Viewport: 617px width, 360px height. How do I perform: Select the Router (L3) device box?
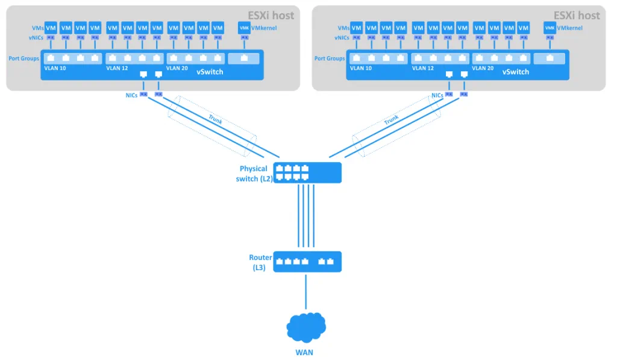click(307, 262)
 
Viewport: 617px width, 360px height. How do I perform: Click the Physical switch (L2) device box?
click(307, 172)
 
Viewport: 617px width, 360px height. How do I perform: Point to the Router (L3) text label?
click(260, 262)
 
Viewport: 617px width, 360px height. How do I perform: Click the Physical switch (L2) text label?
click(253, 173)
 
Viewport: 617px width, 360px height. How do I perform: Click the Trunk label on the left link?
click(215, 120)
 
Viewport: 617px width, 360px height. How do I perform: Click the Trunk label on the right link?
click(392, 120)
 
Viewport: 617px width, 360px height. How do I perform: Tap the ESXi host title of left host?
click(271, 16)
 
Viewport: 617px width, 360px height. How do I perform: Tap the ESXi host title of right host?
click(577, 16)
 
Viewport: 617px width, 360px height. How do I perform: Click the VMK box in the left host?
click(244, 28)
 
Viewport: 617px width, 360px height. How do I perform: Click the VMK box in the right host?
click(550, 28)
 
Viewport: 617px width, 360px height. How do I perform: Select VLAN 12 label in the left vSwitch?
click(117, 69)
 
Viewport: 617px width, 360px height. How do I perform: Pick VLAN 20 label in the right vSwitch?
click(483, 69)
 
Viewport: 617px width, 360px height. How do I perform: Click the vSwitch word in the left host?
click(210, 72)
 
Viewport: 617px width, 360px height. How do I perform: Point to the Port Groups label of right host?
click(330, 58)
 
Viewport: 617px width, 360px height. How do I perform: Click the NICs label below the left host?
click(131, 95)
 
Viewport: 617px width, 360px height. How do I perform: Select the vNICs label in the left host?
click(36, 38)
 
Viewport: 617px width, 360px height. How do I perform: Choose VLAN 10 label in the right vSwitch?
click(360, 69)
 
